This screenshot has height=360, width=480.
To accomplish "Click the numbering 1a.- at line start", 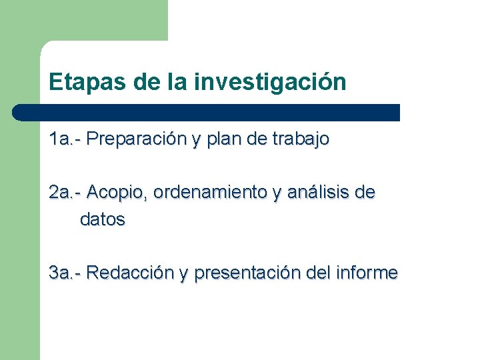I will click(65, 139).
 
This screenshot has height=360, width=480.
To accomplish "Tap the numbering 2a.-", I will click(65, 193).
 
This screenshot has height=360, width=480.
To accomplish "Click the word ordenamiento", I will click(210, 193).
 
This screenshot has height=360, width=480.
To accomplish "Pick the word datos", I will click(103, 219).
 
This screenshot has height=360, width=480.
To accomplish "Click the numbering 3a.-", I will click(65, 273).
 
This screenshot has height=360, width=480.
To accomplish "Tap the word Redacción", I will click(130, 273).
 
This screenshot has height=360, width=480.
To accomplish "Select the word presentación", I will click(247, 273).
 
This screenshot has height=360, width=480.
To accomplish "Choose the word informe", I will click(368, 273).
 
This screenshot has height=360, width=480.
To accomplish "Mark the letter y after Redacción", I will click(183, 274).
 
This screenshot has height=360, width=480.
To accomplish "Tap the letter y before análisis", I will click(277, 194).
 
